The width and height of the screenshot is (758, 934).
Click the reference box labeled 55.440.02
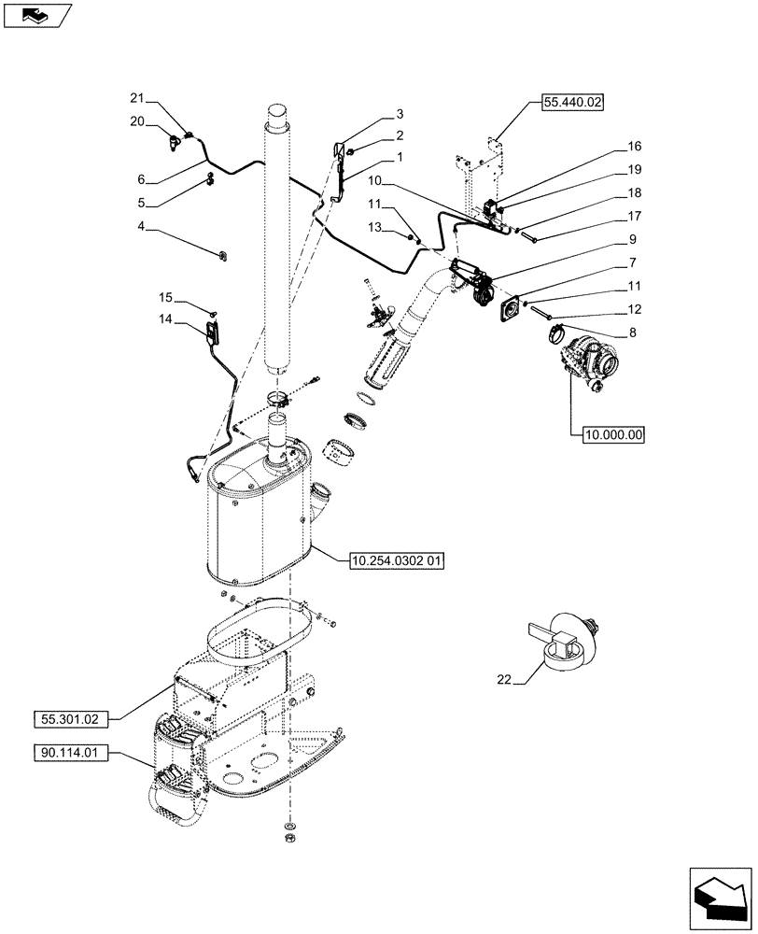[x=570, y=102]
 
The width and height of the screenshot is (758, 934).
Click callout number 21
[x=137, y=98]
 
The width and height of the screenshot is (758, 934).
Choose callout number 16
[x=635, y=147]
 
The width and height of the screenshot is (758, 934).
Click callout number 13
[x=374, y=228]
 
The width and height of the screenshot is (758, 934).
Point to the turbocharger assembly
[x=586, y=362]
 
